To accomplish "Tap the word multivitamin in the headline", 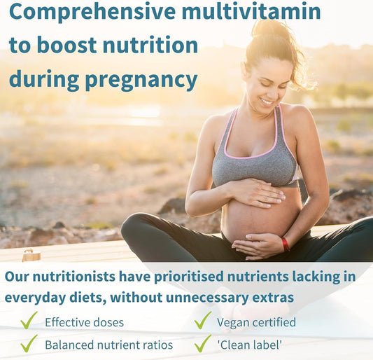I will click(251, 12).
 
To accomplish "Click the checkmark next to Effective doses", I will click(29, 321).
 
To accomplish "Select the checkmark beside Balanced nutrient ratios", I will click(29, 343).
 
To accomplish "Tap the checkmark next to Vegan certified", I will click(202, 321).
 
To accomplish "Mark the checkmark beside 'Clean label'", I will click(202, 343).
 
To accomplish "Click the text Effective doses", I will click(84, 323).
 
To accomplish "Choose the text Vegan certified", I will click(256, 323).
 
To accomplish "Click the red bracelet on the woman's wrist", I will click(286, 243).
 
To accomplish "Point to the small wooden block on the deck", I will click(30, 256).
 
